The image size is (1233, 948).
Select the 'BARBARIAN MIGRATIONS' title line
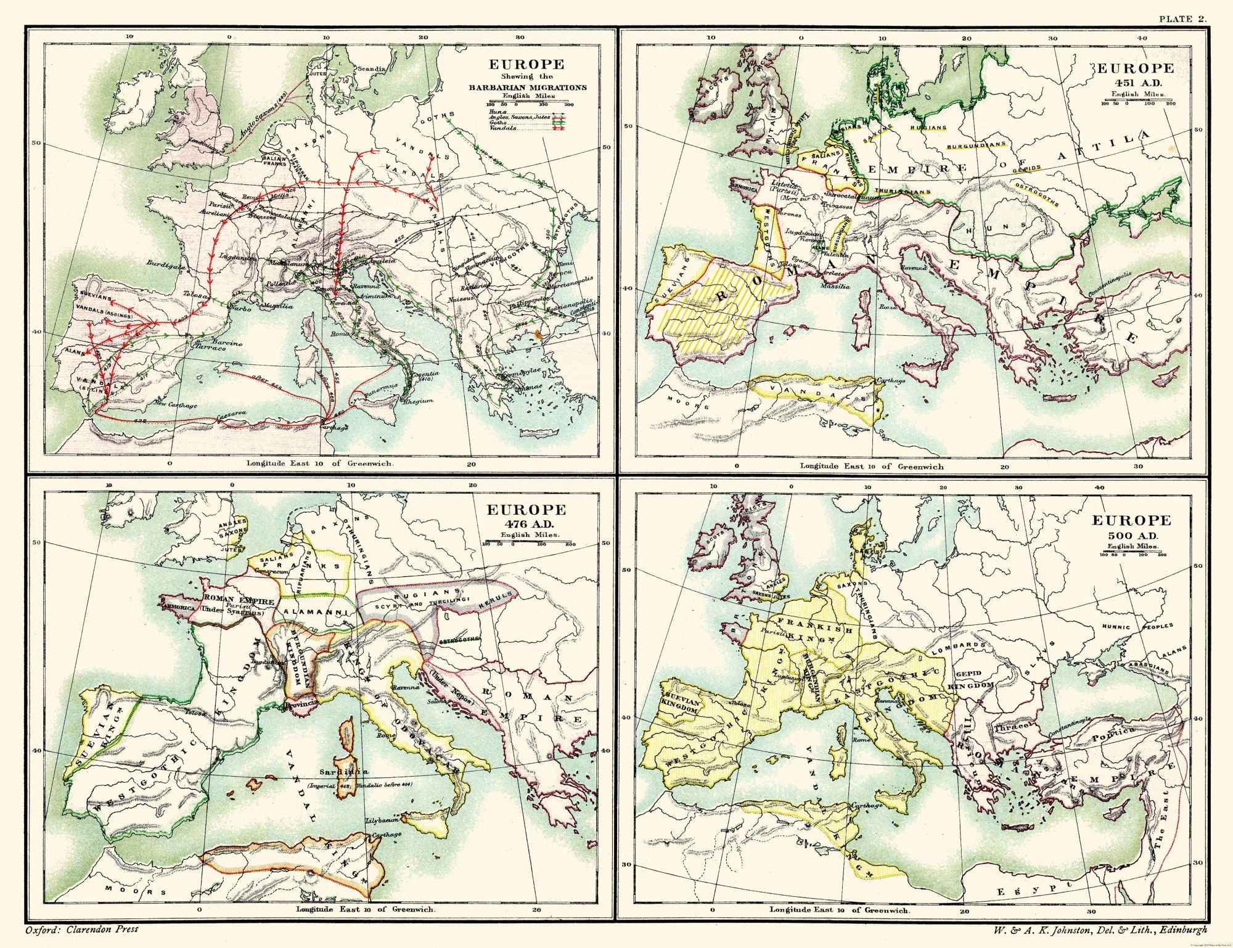click(x=526, y=88)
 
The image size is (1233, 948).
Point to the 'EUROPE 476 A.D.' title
click(x=526, y=517)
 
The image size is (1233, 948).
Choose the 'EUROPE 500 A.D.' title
click(x=1131, y=528)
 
